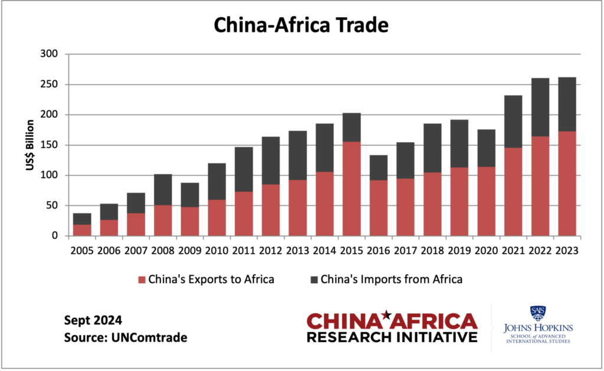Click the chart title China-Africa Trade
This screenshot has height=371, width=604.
point(301,25)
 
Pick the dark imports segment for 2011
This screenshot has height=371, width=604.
point(244,169)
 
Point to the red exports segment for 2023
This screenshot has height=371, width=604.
point(567,183)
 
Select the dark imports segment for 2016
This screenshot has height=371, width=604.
point(379,168)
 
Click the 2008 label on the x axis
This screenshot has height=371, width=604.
point(163,250)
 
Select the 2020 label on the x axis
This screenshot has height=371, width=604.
point(486,250)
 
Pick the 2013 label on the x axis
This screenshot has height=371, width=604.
point(297,250)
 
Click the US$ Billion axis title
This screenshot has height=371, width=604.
point(29,145)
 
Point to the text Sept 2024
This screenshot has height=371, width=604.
point(93,321)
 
